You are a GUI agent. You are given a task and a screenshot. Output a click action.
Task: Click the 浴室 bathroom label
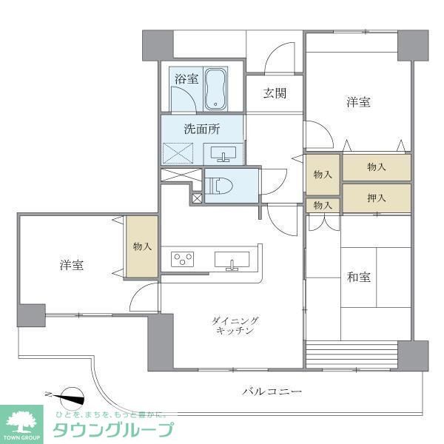tap(186, 78)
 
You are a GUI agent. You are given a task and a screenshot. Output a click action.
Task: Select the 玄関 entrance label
tap(273, 93)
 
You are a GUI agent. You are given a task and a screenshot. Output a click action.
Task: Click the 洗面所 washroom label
tap(202, 128)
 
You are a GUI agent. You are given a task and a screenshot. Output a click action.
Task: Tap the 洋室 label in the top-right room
tap(358, 103)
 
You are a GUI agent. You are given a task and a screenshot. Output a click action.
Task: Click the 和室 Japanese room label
tap(359, 277)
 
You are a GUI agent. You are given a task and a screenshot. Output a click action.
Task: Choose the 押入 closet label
tap(377, 198)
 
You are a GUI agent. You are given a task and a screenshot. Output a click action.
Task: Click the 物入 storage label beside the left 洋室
tap(141, 246)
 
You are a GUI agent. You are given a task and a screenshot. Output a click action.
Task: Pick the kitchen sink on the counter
tap(232, 260)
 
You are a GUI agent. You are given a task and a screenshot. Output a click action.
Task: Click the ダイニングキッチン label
tap(235, 326)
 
